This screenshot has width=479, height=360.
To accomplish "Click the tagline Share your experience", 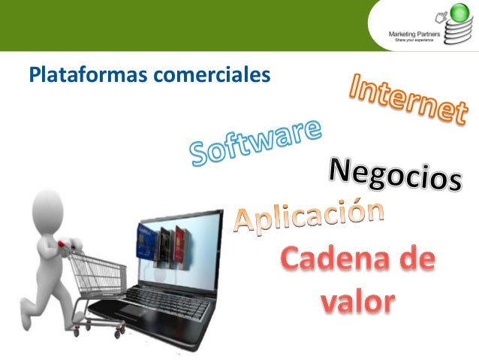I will click(x=411, y=40).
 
